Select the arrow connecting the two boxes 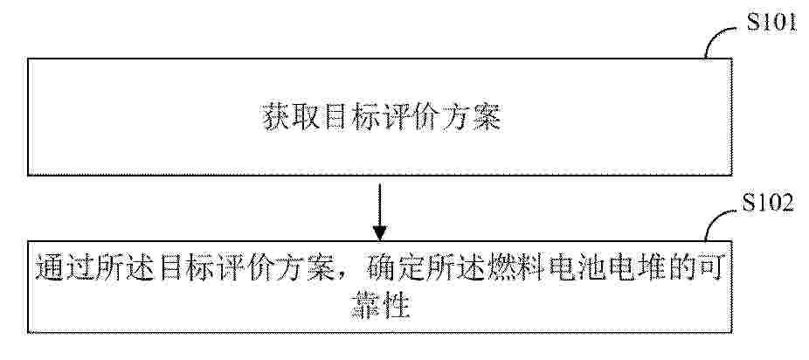coord(379,212)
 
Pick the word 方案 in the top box coord(473,117)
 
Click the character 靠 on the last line coord(364,307)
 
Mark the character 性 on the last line coord(395,307)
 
